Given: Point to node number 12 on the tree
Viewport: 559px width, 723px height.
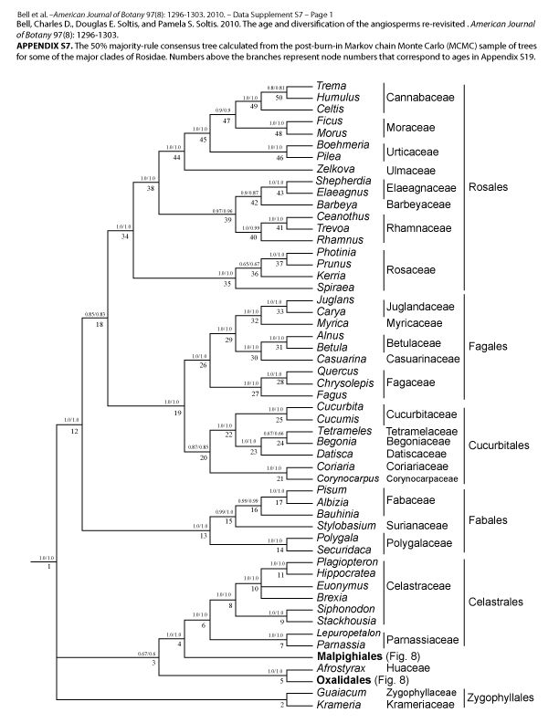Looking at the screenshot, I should coord(75,429).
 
